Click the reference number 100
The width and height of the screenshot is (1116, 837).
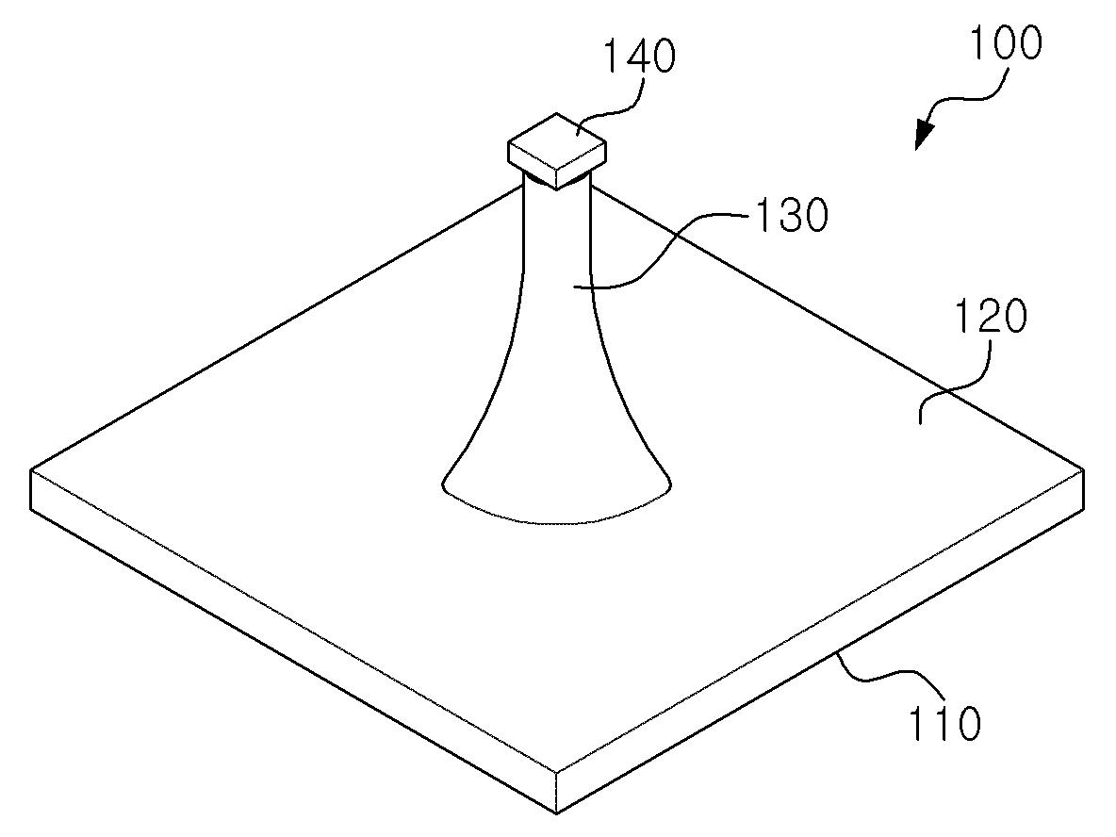point(1002,43)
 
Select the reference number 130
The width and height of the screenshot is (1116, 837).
point(790,217)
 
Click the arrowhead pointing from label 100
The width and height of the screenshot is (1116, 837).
point(921,139)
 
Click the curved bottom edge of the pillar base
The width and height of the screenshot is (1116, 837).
point(556,521)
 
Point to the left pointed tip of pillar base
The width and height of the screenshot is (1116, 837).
point(443,485)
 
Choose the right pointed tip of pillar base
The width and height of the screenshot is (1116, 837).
point(670,486)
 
